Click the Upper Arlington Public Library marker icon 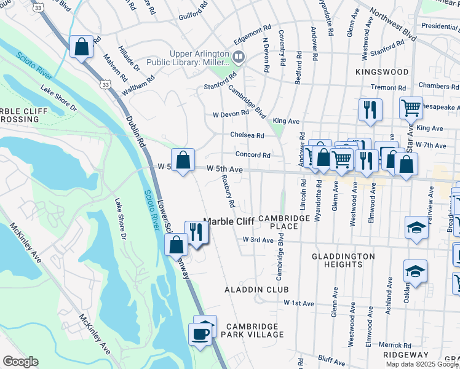click(x=238, y=58)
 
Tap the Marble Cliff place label click(x=229, y=221)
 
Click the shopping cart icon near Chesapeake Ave click(x=411, y=108)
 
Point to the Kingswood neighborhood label click(x=382, y=72)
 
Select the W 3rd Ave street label click(x=258, y=240)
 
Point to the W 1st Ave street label click(x=299, y=303)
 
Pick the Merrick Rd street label click(x=395, y=345)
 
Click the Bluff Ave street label click(x=333, y=357)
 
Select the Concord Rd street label click(x=252, y=156)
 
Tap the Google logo click(x=20, y=362)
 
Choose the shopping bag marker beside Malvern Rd click(x=81, y=47)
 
